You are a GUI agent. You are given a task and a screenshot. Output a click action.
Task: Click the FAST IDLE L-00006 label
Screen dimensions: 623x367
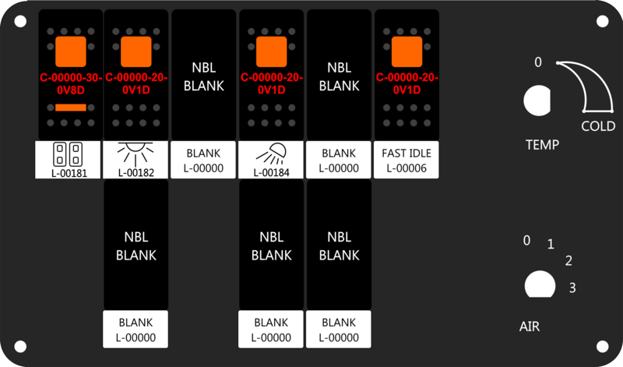click(407, 160)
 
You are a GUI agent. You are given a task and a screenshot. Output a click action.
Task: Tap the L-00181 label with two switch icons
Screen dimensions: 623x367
click(68, 160)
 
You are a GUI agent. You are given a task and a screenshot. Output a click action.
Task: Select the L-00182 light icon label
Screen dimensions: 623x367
click(136, 160)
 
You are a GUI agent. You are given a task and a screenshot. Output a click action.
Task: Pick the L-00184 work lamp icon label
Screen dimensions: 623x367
click(271, 160)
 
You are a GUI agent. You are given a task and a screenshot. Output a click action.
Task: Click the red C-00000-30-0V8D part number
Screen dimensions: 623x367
click(71, 84)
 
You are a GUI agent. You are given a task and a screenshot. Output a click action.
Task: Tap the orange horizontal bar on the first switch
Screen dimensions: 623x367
click(71, 108)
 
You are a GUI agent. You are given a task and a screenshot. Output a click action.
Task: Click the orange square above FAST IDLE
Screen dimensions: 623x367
click(407, 51)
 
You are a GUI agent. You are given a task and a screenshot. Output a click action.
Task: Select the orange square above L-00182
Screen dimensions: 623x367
click(136, 51)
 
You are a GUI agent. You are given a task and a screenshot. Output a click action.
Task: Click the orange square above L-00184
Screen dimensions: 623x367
click(271, 51)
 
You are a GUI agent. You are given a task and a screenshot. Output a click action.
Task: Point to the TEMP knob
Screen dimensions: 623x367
click(537, 101)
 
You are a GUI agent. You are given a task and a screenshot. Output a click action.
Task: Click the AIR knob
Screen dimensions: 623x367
click(540, 284)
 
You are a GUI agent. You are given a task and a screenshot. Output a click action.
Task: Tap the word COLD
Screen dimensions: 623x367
click(598, 126)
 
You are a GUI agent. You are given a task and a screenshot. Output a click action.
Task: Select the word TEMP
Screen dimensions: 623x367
click(542, 145)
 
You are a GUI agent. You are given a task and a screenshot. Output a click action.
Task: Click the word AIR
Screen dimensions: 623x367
click(530, 326)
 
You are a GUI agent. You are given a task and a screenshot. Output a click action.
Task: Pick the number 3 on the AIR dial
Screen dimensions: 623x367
click(572, 288)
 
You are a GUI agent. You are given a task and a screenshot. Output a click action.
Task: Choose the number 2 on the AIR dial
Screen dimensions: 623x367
click(568, 260)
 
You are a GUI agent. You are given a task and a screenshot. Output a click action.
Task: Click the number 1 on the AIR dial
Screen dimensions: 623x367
click(551, 244)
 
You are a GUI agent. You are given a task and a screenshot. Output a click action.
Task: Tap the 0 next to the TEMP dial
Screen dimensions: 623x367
click(538, 62)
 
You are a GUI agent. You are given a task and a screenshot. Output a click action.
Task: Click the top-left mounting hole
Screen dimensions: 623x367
click(21, 21)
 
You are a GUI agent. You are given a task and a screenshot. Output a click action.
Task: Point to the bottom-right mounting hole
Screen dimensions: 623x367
click(602, 346)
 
